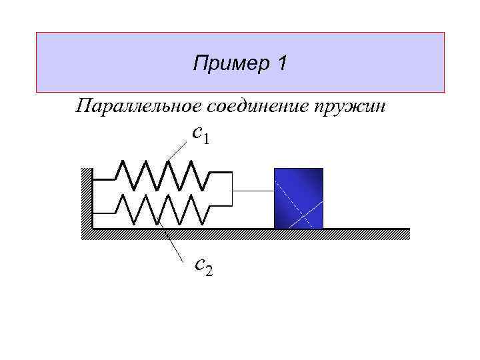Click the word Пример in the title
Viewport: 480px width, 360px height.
coord(225,64)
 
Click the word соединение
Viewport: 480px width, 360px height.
coord(263,106)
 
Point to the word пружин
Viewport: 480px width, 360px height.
coord(355,106)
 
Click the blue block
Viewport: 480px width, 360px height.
coord(298,198)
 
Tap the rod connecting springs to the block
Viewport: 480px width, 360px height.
coord(253,192)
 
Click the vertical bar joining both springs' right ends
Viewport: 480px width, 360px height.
coord(232,191)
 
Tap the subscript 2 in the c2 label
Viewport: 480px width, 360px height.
coord(209,270)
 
